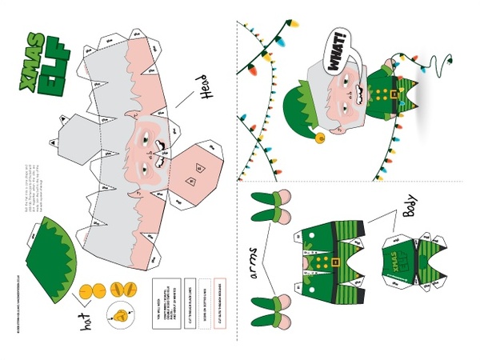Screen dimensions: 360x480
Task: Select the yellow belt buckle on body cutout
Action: coord(337,262)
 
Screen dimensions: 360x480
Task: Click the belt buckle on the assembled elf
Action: coord(393,94)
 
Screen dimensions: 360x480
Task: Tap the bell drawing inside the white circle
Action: coord(122,316)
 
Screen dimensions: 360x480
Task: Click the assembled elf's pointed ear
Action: coord(388,63)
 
